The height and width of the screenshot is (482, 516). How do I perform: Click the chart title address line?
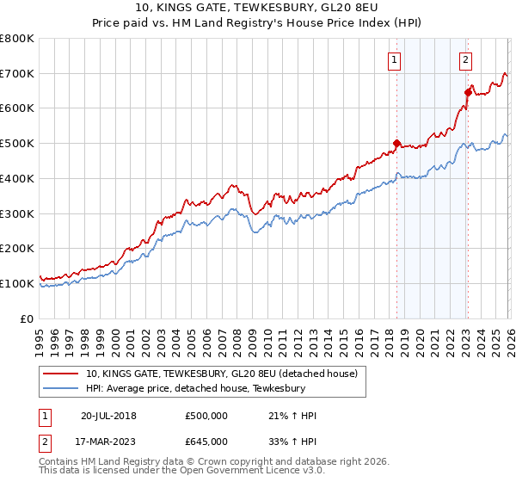pos(258,9)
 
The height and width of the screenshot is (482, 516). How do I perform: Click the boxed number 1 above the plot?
pos(394,60)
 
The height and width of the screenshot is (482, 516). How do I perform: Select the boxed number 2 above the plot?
pos(465,60)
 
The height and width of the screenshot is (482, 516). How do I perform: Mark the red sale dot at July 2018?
pos(396,144)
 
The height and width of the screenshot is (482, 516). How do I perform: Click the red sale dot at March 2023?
pos(468,92)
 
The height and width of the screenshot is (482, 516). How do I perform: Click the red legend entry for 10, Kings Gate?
pos(227,374)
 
